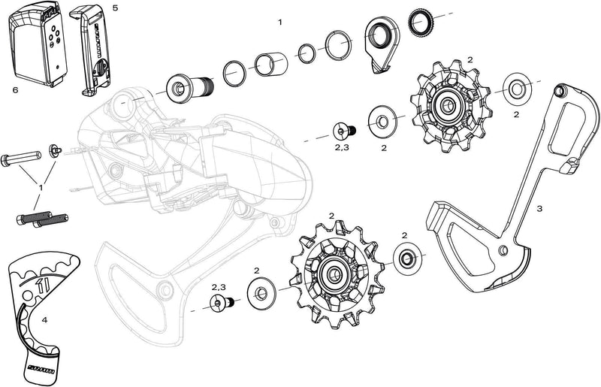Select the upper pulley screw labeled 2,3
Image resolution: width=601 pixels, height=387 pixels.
(345, 131)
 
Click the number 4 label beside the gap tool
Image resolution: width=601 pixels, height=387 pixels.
(44, 320)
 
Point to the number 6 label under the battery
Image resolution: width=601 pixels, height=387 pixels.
(15, 89)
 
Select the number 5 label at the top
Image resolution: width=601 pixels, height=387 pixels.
(114, 7)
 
